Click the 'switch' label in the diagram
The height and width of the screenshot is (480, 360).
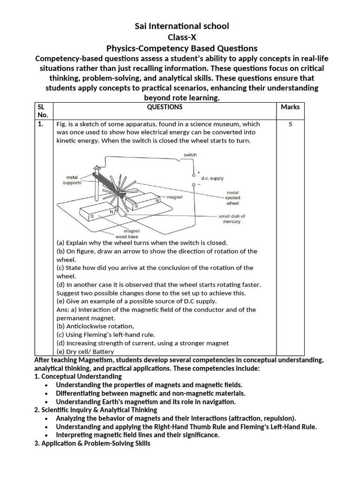pos(190,155)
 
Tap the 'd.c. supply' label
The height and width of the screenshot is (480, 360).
pos(212,179)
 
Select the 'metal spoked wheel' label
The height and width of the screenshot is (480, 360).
pos(232,198)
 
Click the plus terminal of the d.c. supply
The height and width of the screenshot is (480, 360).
pos(199,172)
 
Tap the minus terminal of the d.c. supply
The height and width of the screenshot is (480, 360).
pos(199,184)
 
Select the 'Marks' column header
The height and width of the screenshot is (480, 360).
pos(290,107)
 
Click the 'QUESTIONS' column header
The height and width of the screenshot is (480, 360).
pos(165,107)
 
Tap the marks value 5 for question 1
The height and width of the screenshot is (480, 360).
pos(290,125)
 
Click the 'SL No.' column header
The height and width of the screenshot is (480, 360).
pos(43,111)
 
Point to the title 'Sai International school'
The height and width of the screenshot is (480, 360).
pos(182,26)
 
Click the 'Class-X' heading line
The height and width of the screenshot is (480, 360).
pos(182,37)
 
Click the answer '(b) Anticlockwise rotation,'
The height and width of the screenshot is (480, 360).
pos(95,326)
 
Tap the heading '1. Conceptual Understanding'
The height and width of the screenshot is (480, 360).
pos(78,376)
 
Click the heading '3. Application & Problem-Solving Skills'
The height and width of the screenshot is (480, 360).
pos(92,443)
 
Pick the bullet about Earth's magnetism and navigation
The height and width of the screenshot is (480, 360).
pos(146,402)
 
